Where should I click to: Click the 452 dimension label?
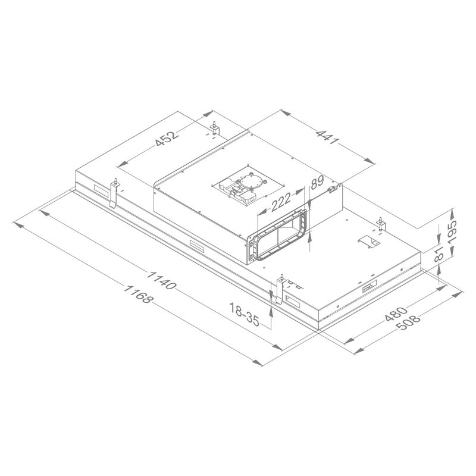(x=167, y=139)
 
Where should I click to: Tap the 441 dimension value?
(x=327, y=137)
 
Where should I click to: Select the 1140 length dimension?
(x=161, y=280)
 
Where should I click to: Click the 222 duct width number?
(x=281, y=202)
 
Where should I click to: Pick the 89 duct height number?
(x=318, y=183)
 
